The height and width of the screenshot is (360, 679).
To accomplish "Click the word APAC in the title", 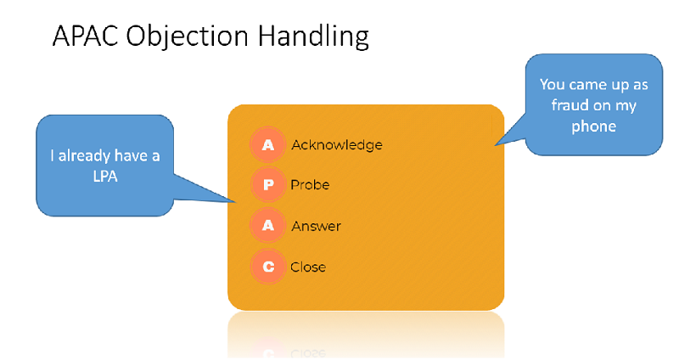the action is point(86,36).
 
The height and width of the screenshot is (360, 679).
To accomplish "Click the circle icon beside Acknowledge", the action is point(267,144).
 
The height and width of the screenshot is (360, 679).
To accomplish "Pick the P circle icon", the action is point(267,185).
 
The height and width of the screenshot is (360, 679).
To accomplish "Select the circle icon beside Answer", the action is point(267,225).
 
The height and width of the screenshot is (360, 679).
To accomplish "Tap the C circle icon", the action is point(267,266).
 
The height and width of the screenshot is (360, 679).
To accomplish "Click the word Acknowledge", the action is point(337,145).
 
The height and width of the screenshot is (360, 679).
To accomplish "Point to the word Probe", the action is point(310,185).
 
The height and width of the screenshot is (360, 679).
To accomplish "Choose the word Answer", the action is point(316,226).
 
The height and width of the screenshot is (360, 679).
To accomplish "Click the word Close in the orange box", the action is point(308,267).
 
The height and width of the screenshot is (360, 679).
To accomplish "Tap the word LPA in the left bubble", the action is point(105,177).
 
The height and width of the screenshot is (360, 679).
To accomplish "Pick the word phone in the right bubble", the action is point(593,127).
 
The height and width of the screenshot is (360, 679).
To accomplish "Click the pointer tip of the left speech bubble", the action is point(236,202).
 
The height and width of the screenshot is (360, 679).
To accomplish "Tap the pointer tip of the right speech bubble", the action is point(496,145).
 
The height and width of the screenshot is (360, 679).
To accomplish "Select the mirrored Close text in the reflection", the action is point(308,353).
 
